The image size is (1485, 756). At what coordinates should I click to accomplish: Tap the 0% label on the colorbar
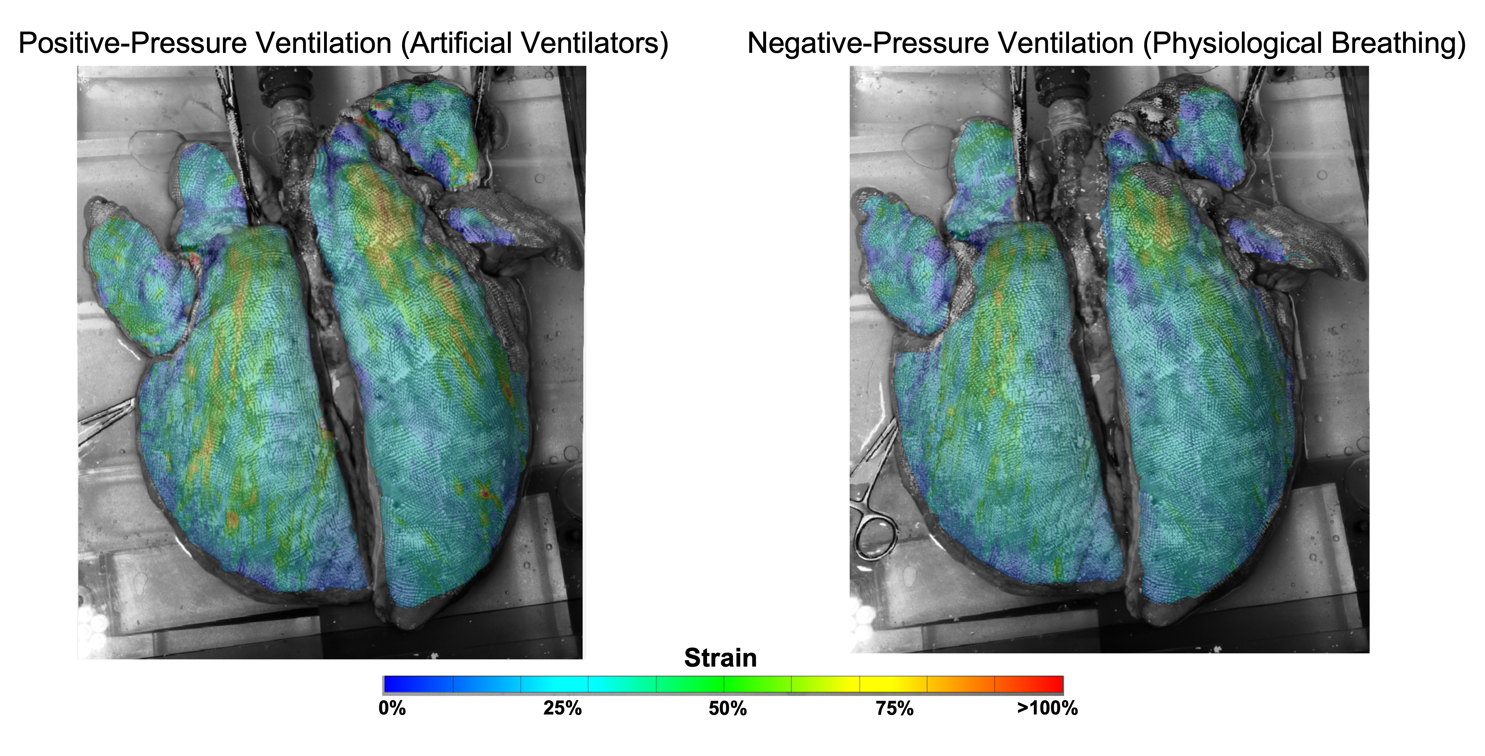point(392,708)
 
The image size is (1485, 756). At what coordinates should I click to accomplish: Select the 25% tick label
point(562,708)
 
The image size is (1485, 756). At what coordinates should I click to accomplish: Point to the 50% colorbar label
point(728,708)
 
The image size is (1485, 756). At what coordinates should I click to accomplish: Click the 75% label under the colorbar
point(895,708)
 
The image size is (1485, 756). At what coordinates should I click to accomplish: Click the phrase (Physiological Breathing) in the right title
point(1304,44)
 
